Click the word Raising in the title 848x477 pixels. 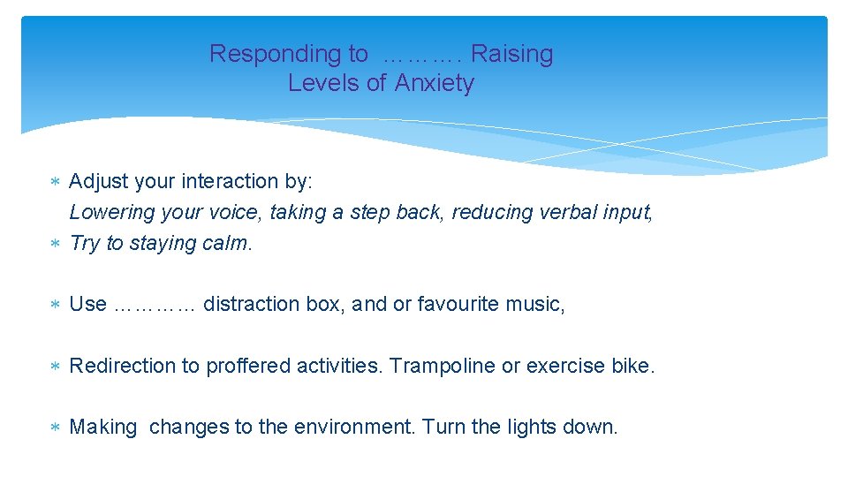point(511,54)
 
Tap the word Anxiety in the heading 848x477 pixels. point(434,83)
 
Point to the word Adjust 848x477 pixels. point(97,182)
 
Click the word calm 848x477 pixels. point(226,243)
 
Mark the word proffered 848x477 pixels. point(248,366)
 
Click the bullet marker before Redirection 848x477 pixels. point(54,367)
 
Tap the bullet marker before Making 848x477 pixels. point(54,428)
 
